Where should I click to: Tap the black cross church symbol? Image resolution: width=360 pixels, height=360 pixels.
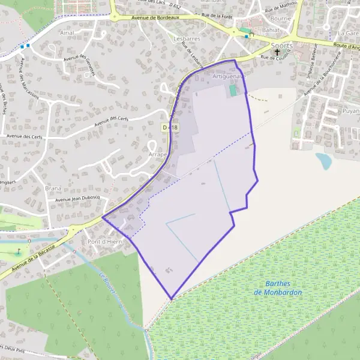[x=277, y=53]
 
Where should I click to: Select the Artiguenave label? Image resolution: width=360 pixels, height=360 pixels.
[x=229, y=77]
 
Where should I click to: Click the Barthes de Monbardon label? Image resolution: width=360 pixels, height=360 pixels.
[x=278, y=288]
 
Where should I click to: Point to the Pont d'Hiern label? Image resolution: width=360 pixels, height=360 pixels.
[x=104, y=242]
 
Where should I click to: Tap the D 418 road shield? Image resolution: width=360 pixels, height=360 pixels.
[x=170, y=127]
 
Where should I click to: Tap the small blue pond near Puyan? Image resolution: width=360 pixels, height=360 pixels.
[x=323, y=160]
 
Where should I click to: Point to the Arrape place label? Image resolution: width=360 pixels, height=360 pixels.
[x=157, y=154]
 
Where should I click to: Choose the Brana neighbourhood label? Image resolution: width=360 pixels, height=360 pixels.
[x=53, y=188]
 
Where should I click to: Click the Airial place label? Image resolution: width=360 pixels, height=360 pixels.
[x=69, y=33]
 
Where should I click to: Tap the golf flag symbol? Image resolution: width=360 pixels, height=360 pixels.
[x=18, y=251]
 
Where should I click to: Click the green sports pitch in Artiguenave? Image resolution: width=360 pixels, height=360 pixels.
[x=233, y=91]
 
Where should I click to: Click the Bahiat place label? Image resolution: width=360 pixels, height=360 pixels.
[x=271, y=29]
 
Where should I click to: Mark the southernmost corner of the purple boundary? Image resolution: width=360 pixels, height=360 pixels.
[x=172, y=298]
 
